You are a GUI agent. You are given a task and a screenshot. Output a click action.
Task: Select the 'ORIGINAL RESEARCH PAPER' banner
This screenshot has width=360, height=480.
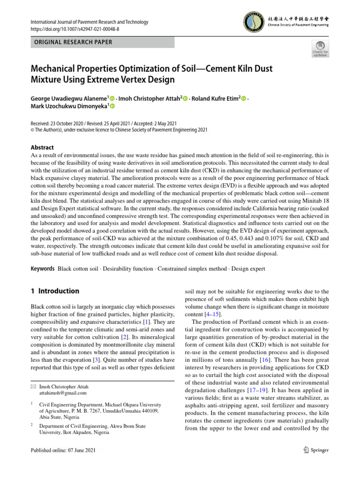102,42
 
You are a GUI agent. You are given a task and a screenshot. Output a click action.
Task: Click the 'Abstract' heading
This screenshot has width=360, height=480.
42,147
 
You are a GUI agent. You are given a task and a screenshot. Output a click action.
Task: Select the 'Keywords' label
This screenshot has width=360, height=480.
42,269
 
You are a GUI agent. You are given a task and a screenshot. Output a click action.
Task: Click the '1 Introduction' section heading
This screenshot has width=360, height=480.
54,291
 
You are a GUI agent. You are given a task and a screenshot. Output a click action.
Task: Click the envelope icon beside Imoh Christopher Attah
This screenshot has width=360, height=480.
33,386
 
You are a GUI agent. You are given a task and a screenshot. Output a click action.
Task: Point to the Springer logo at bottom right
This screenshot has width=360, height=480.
316,450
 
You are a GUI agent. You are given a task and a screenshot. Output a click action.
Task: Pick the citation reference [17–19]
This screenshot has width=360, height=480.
256,390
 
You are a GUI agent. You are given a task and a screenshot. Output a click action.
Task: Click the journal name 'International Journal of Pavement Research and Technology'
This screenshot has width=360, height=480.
89,22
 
